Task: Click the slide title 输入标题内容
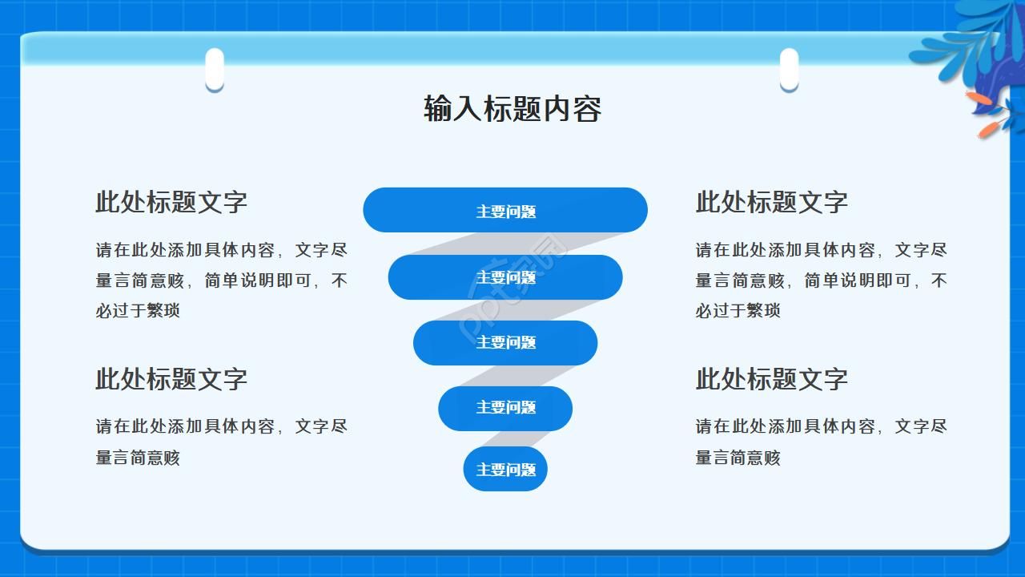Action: (512, 108)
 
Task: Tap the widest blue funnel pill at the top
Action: (504, 211)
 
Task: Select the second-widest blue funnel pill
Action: (504, 277)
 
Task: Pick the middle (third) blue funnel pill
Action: (504, 342)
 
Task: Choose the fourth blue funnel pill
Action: (504, 407)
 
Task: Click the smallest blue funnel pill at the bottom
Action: (504, 469)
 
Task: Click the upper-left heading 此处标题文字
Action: (171, 202)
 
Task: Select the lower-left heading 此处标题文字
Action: (171, 378)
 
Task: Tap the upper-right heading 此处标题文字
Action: (771, 202)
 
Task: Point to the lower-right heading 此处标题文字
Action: (771, 378)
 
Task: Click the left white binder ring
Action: (214, 70)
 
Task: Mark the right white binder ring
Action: (789, 70)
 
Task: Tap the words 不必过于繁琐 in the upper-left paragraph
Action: (138, 310)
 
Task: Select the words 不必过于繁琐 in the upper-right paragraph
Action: (738, 310)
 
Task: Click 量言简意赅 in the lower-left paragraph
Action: (138, 458)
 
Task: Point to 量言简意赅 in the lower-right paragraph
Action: (738, 458)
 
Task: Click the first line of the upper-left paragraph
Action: (222, 250)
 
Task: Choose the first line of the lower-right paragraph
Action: (821, 426)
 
